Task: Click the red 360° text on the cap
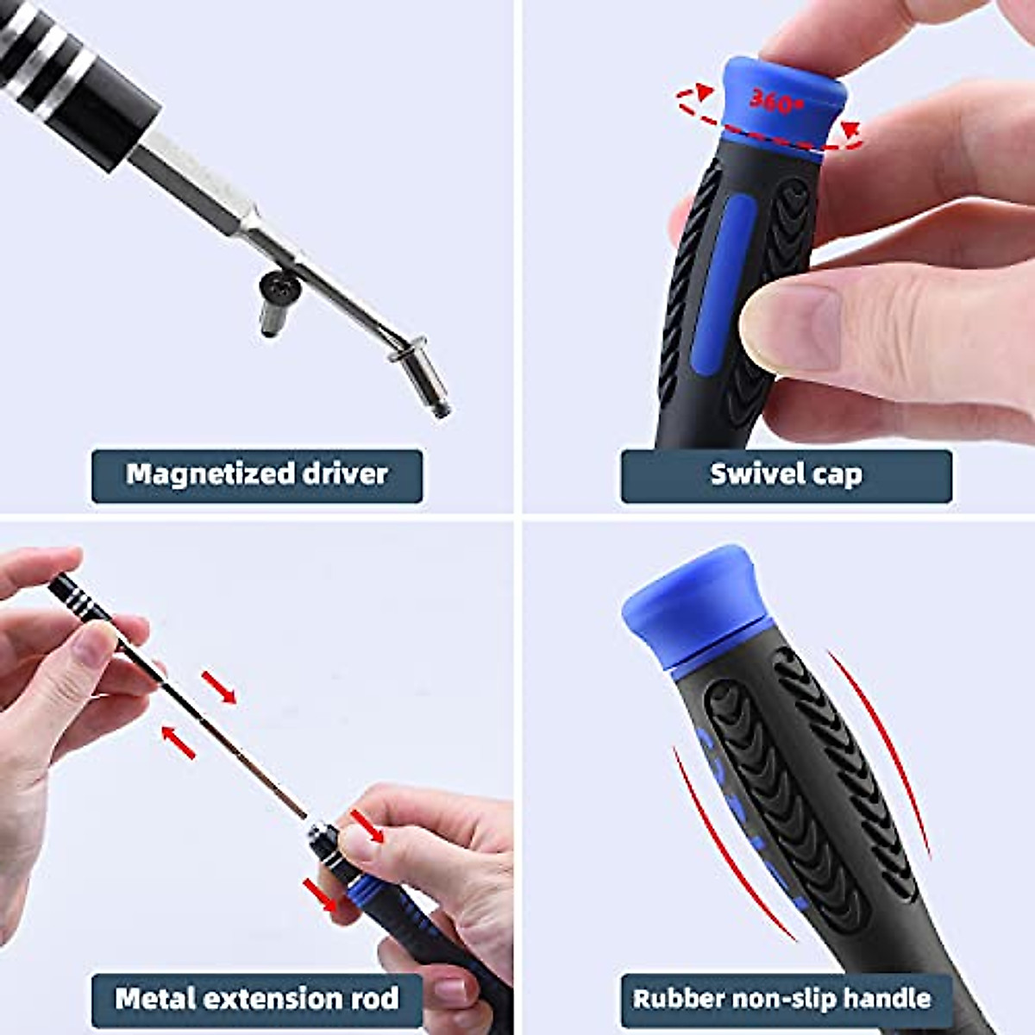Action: pyautogui.click(x=775, y=102)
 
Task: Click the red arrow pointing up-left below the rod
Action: pyautogui.click(x=179, y=742)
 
